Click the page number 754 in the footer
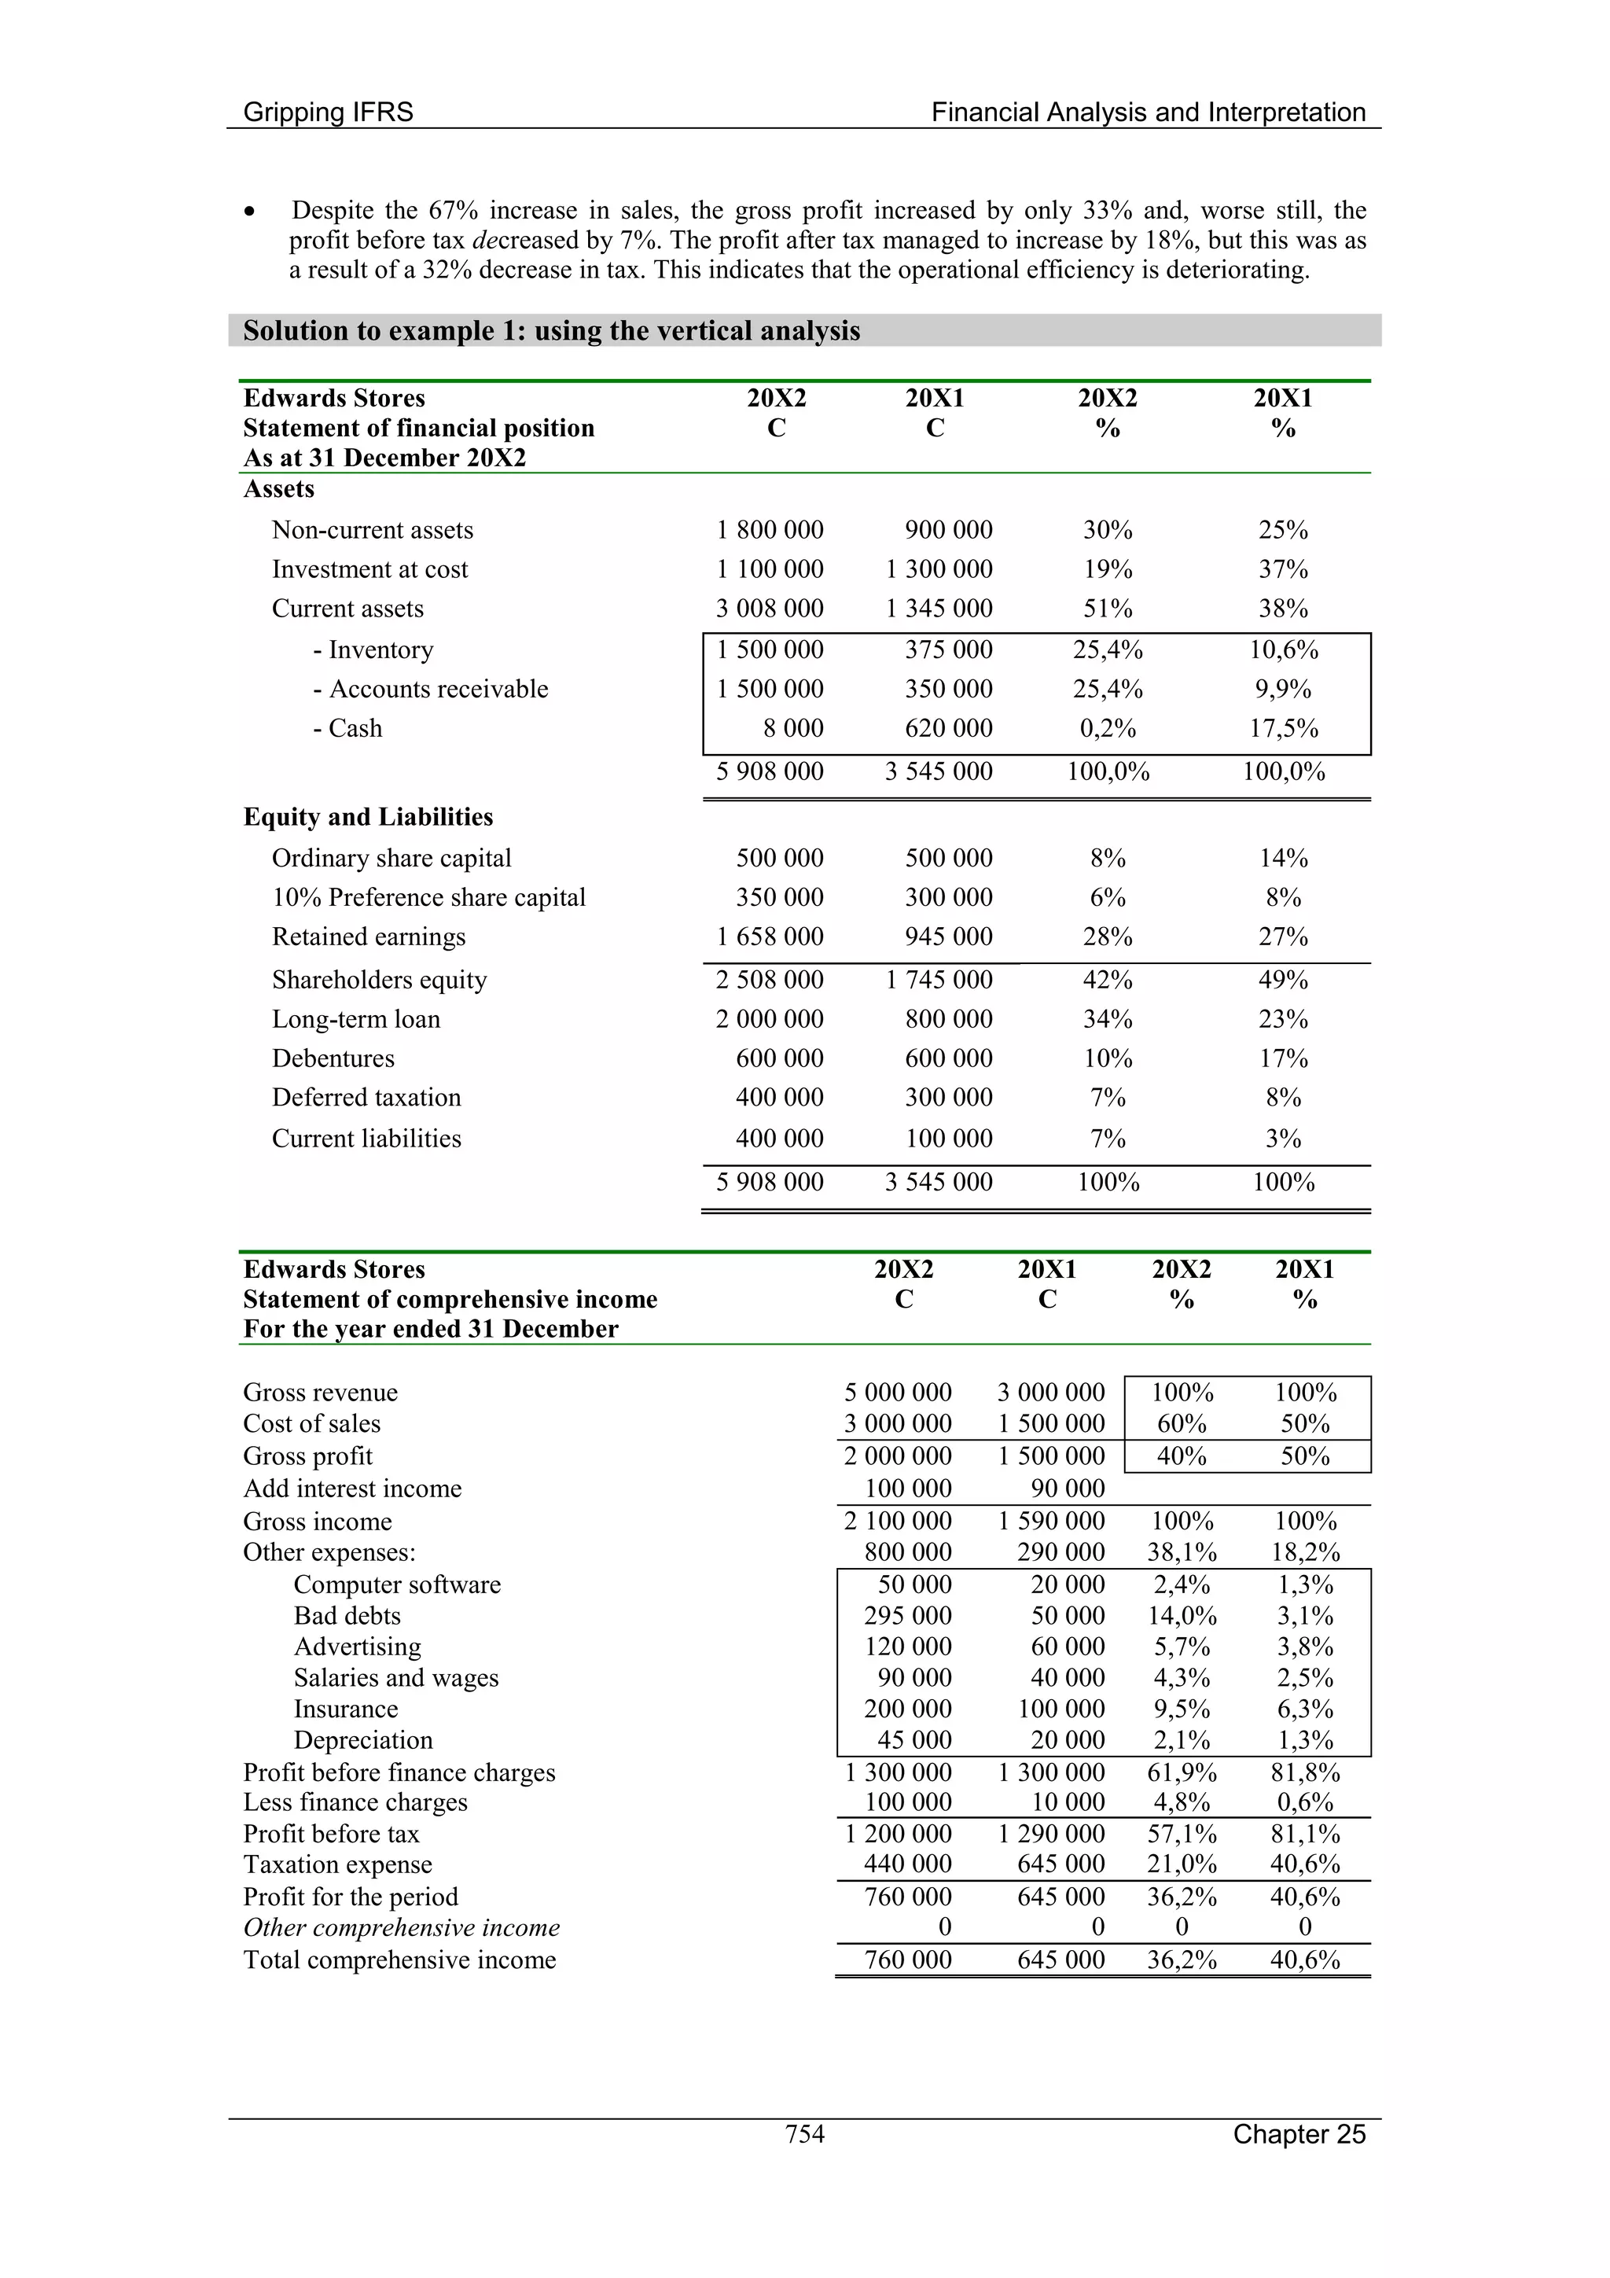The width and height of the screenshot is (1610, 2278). pos(804,2133)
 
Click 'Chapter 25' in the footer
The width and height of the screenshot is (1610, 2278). pos(1299,2133)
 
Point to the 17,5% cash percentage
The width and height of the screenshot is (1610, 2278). pos(1283,728)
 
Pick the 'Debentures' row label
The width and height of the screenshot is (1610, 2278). pos(333,1058)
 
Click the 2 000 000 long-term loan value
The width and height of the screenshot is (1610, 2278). pos(769,1019)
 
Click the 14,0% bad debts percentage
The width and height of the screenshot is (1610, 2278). pos(1182,1615)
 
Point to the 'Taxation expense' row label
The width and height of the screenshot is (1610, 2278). pos(337,1864)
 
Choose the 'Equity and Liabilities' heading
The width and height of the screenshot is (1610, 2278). pos(368,816)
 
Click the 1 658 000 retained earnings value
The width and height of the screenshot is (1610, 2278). pos(769,937)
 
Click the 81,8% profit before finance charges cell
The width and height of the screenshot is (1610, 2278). pos(1304,1772)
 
